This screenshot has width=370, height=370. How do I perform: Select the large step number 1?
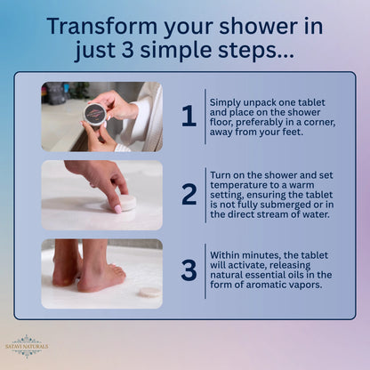pyautogui.click(x=189, y=116)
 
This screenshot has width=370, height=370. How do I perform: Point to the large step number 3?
pyautogui.click(x=189, y=270)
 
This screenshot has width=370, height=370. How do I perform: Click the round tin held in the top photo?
pyautogui.click(x=94, y=113)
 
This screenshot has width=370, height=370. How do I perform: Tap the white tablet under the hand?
pyautogui.click(x=125, y=202)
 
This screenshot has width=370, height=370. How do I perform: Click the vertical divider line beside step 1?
pyautogui.click(x=205, y=116)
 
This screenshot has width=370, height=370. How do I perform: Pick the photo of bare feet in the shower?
pyautogui.click(x=101, y=273)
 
